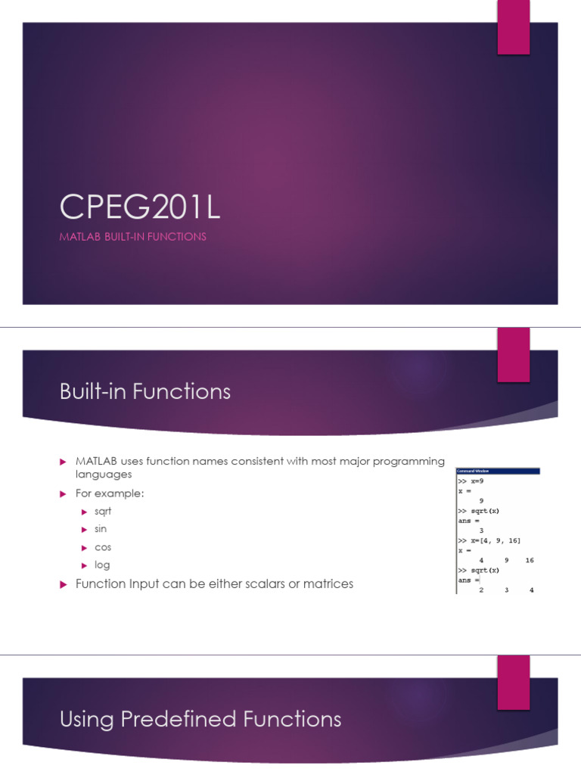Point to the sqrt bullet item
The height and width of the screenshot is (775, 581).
pyautogui.click(x=104, y=512)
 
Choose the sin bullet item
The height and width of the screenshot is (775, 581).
pyautogui.click(x=101, y=529)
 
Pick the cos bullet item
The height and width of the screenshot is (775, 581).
pyautogui.click(x=103, y=547)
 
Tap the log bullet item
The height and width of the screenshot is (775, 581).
pyautogui.click(x=102, y=565)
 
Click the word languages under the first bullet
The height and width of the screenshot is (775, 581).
pyautogui.click(x=104, y=475)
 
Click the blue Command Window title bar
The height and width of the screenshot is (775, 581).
pyautogui.click(x=497, y=471)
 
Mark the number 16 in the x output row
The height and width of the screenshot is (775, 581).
pyautogui.click(x=529, y=561)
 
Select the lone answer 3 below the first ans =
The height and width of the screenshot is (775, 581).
pyautogui.click(x=481, y=531)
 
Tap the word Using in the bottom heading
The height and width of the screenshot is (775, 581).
pyautogui.click(x=85, y=718)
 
